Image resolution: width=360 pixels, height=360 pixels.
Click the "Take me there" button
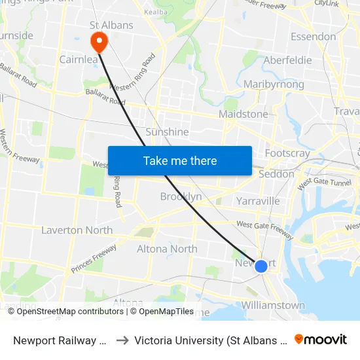coord(180,161)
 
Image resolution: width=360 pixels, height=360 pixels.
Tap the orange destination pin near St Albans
coord(99,42)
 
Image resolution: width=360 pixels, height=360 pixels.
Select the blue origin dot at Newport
coord(261,266)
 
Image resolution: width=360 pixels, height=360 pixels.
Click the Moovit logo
coord(321,339)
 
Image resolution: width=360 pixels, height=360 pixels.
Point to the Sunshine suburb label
coord(167,132)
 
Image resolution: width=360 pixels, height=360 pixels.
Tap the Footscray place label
coord(287,153)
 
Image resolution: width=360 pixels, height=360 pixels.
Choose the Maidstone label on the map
coord(243,114)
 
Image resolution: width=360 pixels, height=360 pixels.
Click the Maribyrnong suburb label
coord(274,84)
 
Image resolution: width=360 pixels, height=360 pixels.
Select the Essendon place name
coord(313,37)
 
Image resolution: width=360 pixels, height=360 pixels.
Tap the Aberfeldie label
coord(287,60)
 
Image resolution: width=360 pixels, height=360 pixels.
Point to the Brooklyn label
coord(181,196)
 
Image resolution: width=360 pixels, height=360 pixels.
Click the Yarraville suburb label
coord(258,200)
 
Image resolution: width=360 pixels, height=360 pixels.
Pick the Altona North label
coord(167,249)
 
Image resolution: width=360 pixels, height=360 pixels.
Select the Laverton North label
coord(77,230)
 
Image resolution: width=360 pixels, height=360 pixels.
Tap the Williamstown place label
coord(273,305)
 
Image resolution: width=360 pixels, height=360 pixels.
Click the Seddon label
coord(276,174)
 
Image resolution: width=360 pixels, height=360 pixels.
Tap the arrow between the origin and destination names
coord(122,340)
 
